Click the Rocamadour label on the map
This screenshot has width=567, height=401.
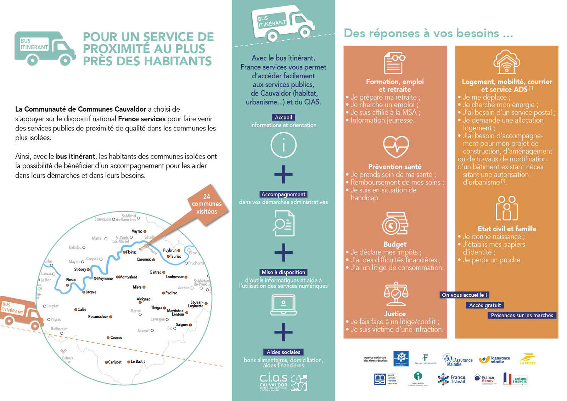pyautogui.click(x=98, y=317)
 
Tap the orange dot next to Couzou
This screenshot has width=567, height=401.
pyautogui.click(x=108, y=338)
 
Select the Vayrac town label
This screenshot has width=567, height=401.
pyautogui.click(x=137, y=231)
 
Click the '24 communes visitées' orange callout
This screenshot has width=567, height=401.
pyautogui.click(x=207, y=204)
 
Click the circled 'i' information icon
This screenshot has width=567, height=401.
pyautogui.click(x=283, y=145)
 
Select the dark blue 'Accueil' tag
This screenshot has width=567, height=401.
pyautogui.click(x=283, y=117)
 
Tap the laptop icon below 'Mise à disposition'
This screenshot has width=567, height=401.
pyautogui.click(x=283, y=305)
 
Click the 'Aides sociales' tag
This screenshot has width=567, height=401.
pyautogui.click(x=283, y=352)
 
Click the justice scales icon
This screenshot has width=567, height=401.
pyautogui.click(x=396, y=294)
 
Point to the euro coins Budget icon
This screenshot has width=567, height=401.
pyautogui.click(x=395, y=224)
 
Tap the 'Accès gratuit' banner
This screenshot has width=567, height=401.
pyautogui.click(x=485, y=305)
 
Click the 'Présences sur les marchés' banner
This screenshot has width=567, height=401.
pyautogui.click(x=522, y=315)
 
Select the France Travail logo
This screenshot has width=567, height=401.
pyautogui.click(x=452, y=379)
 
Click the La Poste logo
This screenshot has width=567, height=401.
pyautogui.click(x=528, y=359)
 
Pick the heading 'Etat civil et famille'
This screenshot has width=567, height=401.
pyautogui.click(x=507, y=229)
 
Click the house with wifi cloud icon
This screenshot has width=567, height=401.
pyautogui.click(x=507, y=62)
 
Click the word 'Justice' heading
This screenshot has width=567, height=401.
pyautogui.click(x=395, y=314)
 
